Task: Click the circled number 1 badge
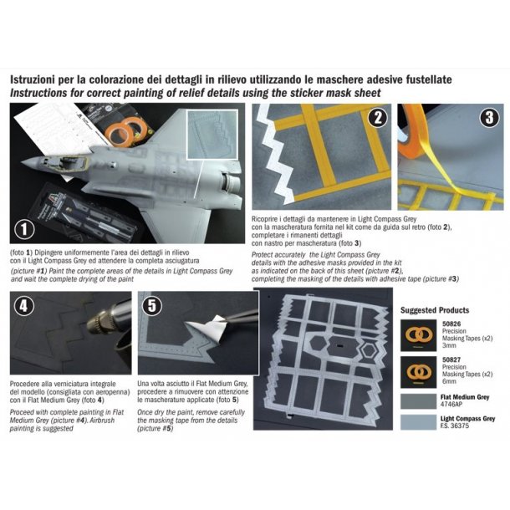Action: pos(24,229)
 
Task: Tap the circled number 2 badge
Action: pos(378,117)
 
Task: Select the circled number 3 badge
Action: pos(489,117)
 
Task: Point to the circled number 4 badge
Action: pos(23,306)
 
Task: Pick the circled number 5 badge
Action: pos(152,306)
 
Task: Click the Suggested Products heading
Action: pos(435,310)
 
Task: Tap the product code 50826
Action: pos(451,324)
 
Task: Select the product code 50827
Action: pos(451,360)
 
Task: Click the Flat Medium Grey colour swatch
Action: pos(418,401)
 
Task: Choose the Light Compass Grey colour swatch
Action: pos(418,422)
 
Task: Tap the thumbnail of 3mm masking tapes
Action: pos(418,335)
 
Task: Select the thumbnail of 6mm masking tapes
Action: pos(418,372)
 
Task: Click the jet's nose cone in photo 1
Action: pos(32,161)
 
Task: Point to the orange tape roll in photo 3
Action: pos(409,136)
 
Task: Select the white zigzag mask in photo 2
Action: pos(274,153)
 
